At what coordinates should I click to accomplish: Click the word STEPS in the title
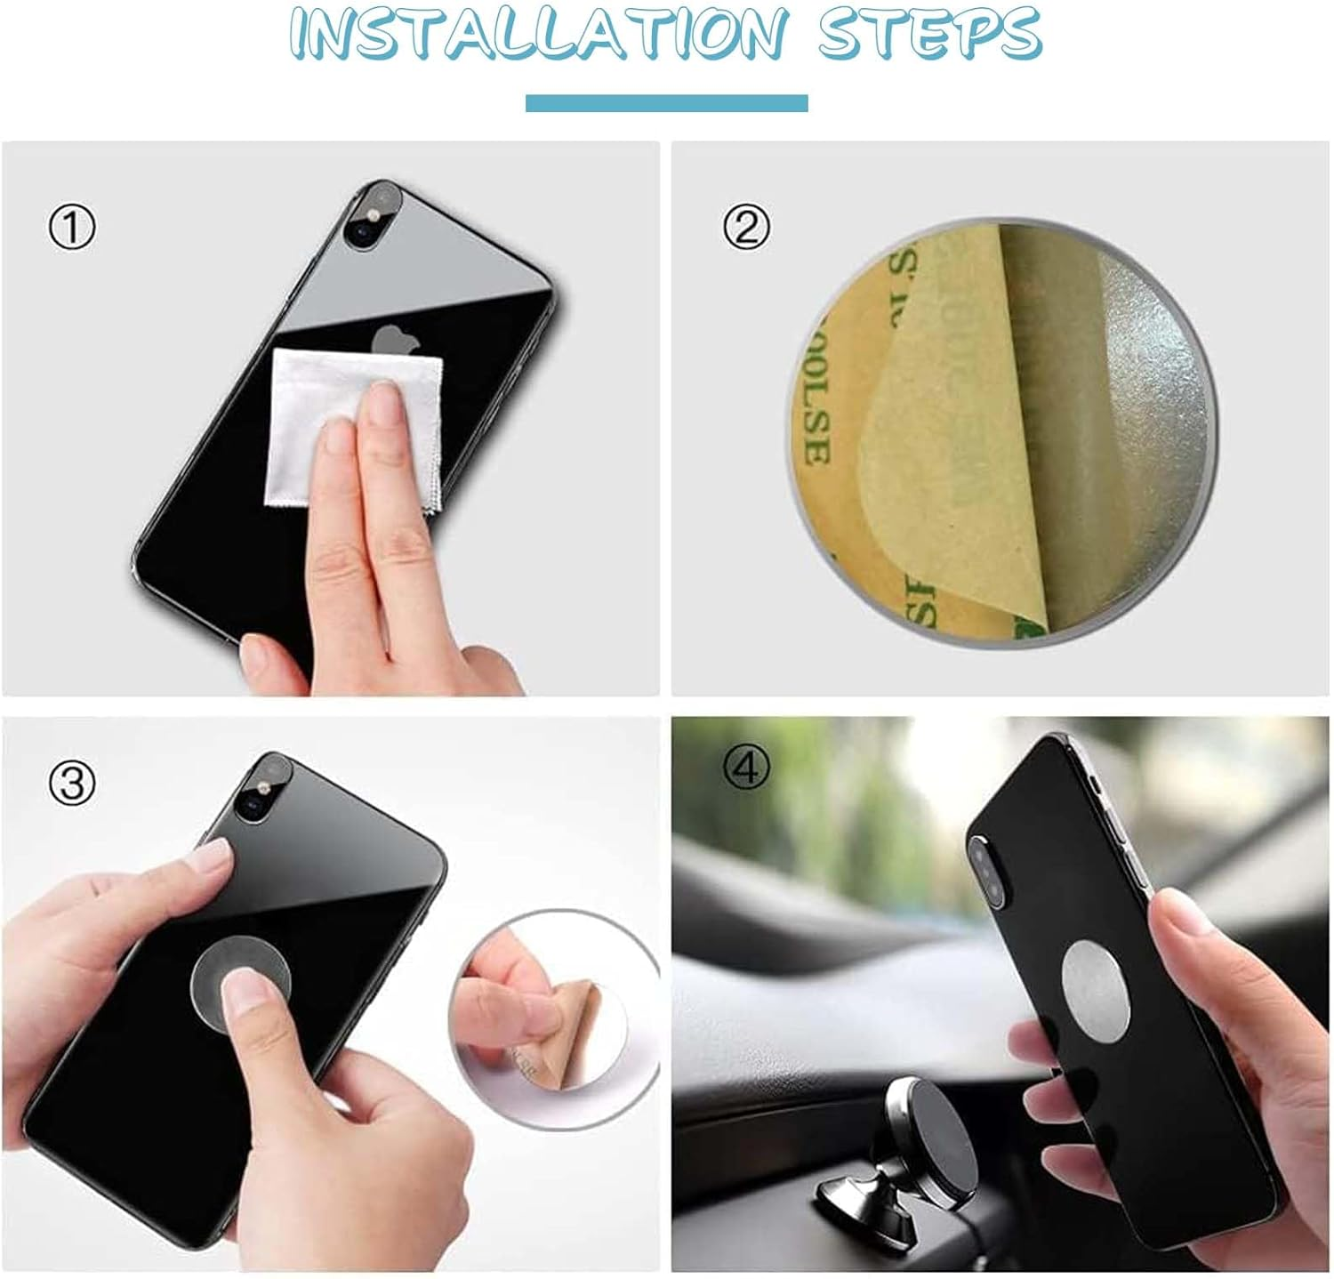(x=929, y=34)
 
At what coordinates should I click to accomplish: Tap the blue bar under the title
(x=666, y=103)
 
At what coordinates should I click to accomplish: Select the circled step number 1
(x=71, y=229)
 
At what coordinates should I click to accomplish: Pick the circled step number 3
(x=71, y=784)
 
